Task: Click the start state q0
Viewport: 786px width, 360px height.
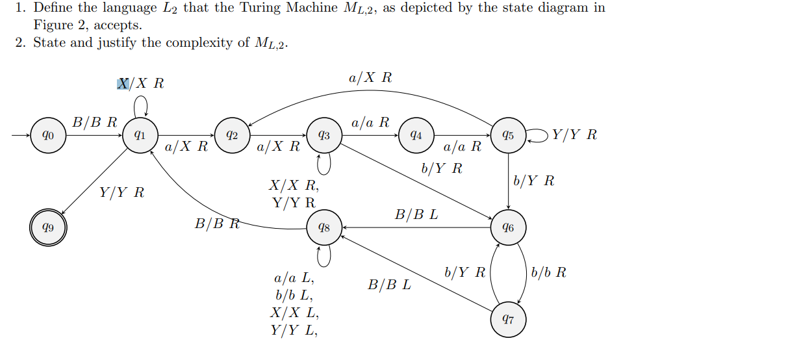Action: (x=47, y=136)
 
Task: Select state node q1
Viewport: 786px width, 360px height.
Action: (x=139, y=136)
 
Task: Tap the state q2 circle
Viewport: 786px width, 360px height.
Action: (x=231, y=136)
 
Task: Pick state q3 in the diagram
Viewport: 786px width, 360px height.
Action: (x=323, y=136)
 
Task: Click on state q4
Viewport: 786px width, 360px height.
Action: (x=416, y=136)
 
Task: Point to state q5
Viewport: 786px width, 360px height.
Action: (x=508, y=136)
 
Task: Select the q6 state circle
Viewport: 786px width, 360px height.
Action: (x=508, y=228)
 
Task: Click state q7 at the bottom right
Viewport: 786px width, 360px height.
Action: (x=508, y=320)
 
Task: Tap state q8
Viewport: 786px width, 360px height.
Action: (x=323, y=228)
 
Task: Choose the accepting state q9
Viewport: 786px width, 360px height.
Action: (x=47, y=228)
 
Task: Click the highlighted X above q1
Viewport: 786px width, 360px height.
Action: (x=123, y=84)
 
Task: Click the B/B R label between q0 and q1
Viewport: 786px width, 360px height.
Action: (x=95, y=122)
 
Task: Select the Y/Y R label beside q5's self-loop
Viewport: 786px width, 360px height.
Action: (x=574, y=135)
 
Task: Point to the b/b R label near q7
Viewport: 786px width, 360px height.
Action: (x=548, y=273)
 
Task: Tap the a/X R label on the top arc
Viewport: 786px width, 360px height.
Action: (x=370, y=78)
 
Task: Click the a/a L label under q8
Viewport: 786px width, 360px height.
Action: (x=294, y=279)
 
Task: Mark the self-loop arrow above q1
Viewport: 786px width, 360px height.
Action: (x=140, y=104)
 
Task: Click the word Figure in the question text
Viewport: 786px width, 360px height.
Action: (x=53, y=25)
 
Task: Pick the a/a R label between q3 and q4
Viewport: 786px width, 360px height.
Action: (x=370, y=122)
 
